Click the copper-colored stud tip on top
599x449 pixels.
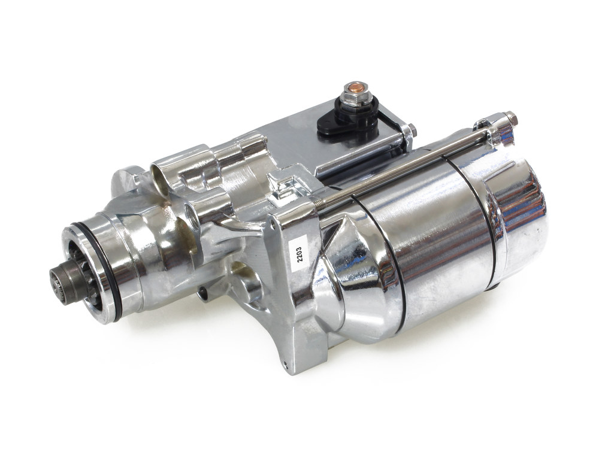click(349, 89)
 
